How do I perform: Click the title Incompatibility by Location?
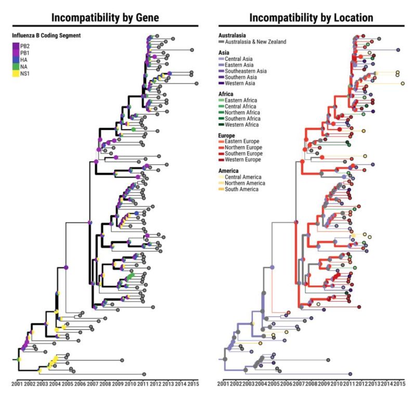pyautogui.click(x=311, y=17)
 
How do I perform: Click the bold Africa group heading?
pyautogui.click(x=226, y=94)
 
